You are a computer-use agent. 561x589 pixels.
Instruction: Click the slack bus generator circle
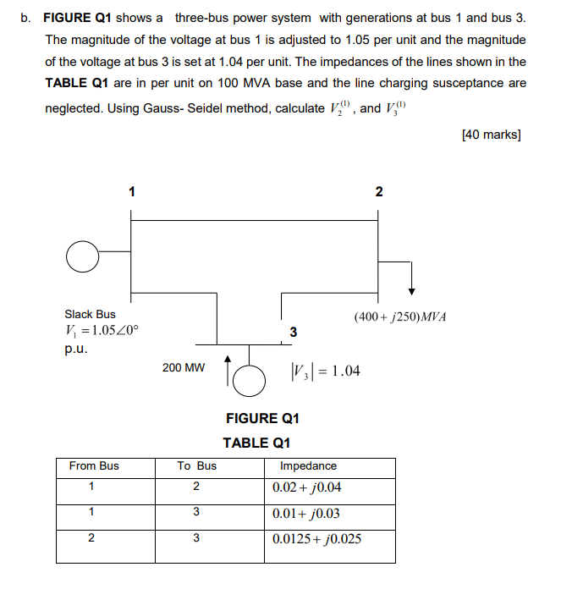click(82, 256)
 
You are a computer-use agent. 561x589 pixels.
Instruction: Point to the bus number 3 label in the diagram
click(293, 332)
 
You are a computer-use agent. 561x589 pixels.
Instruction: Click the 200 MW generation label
click(183, 368)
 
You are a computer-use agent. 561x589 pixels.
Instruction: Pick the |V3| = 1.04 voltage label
click(325, 370)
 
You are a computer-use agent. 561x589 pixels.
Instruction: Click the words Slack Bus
click(91, 314)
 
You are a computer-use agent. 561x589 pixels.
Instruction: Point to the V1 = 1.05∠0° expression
click(96, 330)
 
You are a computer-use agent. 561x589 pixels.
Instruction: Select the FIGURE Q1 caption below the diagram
click(262, 418)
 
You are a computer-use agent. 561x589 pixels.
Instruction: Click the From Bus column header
click(94, 466)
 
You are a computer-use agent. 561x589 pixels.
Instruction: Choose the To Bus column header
click(196, 466)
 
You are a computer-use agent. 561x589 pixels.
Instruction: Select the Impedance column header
click(308, 466)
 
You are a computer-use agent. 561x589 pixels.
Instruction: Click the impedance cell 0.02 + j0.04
click(307, 488)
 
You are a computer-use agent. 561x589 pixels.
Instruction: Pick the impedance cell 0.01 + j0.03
click(307, 514)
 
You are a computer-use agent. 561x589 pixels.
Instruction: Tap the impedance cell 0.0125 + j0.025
click(317, 539)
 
